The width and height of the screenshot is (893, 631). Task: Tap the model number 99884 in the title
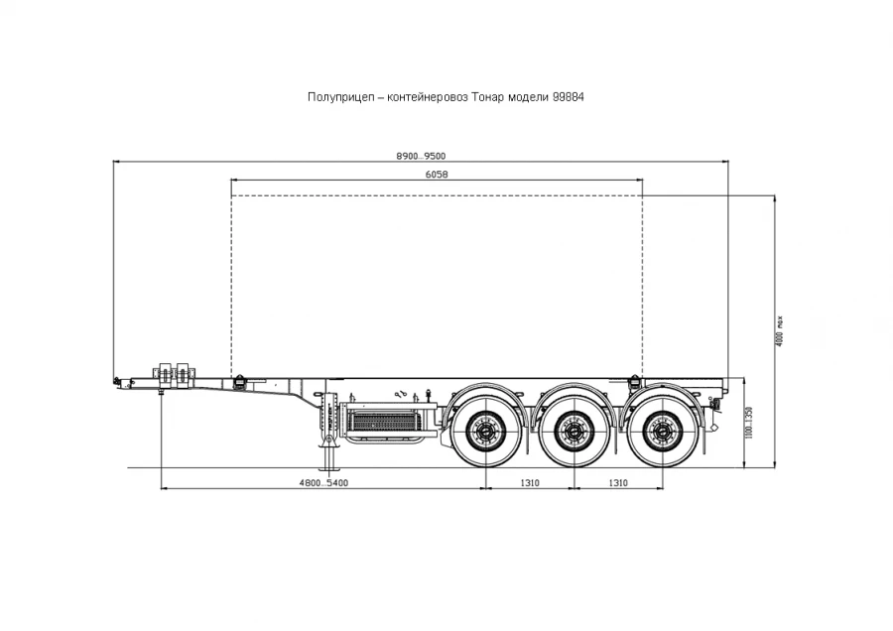pos(574,97)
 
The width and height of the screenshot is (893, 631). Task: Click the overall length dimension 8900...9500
pos(421,156)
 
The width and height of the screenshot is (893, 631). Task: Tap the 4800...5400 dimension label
pos(323,483)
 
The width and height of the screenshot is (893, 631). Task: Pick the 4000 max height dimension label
pos(780,328)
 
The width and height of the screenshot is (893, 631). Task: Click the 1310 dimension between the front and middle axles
pos(529,483)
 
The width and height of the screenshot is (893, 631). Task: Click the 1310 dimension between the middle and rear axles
pos(618,483)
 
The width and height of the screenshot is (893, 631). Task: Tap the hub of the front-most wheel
pos(485,431)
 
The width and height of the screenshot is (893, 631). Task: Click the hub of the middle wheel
pos(574,431)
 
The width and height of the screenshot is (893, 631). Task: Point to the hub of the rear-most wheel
pos(662,431)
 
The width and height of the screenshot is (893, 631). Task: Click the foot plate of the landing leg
pos(328,470)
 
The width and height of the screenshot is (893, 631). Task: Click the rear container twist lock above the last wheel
pos(633,380)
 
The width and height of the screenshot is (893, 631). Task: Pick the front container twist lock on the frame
pos(238,380)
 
